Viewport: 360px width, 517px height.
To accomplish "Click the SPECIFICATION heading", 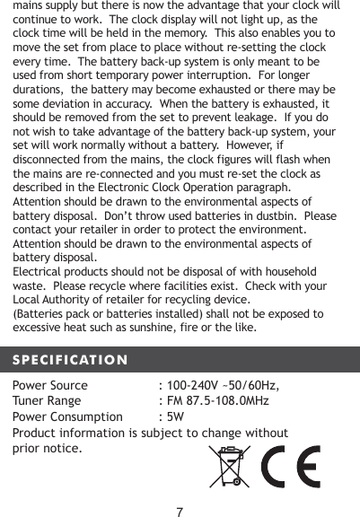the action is (69, 360).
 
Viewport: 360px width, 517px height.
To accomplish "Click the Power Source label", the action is (49, 386).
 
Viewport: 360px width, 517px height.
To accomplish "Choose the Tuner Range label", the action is (47, 401).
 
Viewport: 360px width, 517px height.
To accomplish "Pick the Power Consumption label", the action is (67, 416).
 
